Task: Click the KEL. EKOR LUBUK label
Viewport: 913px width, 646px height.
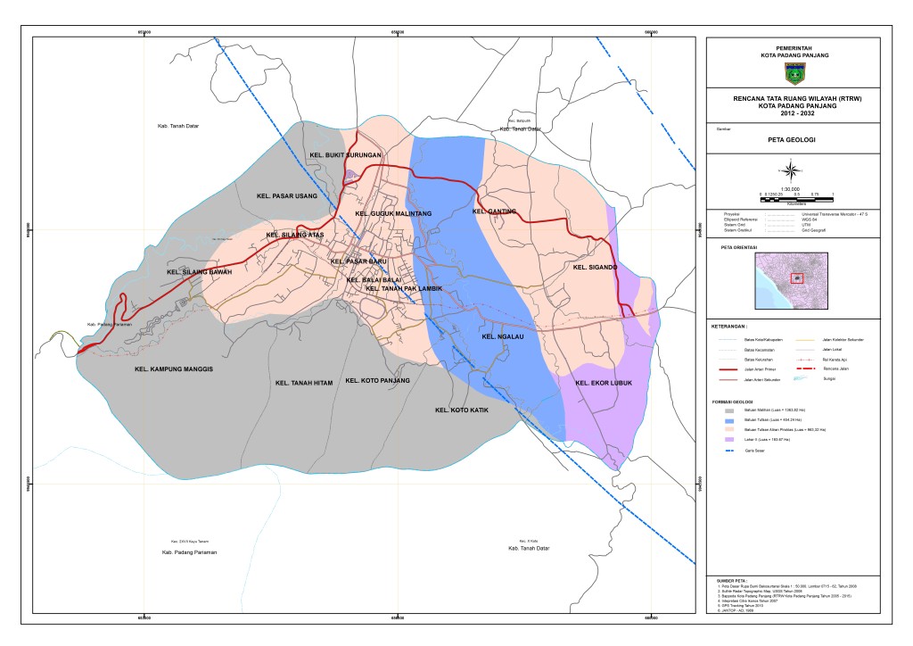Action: pos(604,384)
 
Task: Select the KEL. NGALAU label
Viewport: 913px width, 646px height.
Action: pos(501,337)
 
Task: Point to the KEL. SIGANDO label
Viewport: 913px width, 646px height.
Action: pos(596,267)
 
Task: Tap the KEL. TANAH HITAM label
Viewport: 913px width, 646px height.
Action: pos(304,383)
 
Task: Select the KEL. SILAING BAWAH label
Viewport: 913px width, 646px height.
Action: pos(199,272)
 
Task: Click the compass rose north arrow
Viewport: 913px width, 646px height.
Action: pos(791,169)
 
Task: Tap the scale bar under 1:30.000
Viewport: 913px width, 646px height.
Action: pos(795,195)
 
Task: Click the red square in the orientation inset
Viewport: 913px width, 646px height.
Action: pos(797,277)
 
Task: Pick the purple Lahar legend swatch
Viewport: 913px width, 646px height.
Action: pos(729,440)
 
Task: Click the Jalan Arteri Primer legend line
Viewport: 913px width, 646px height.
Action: pos(728,367)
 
